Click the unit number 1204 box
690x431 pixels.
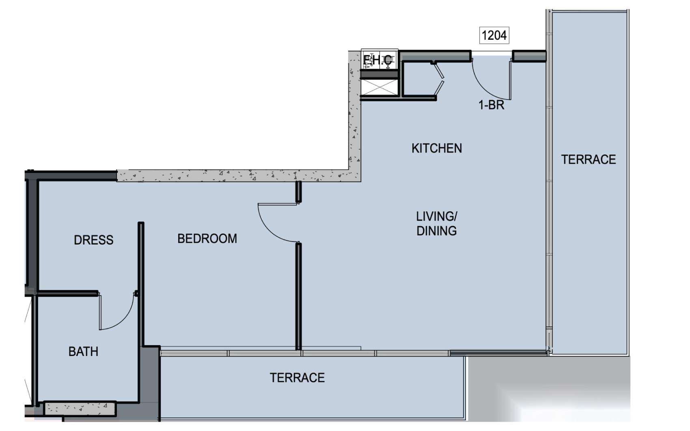point(494,35)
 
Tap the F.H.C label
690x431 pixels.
point(378,60)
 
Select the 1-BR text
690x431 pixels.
point(491,105)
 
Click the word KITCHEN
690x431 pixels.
point(436,148)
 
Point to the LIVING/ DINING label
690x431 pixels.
point(436,223)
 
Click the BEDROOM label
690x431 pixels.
point(207,238)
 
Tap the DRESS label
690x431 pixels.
point(93,240)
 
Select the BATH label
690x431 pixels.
point(83,352)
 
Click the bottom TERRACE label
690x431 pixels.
point(297,378)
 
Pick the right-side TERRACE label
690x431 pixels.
point(588,160)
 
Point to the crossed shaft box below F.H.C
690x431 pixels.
point(379,88)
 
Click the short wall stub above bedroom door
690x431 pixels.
point(298,191)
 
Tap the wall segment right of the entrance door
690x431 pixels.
point(529,56)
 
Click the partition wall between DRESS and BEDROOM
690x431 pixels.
point(141,284)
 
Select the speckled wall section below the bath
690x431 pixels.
point(79,407)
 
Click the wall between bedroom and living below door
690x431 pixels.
point(298,296)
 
